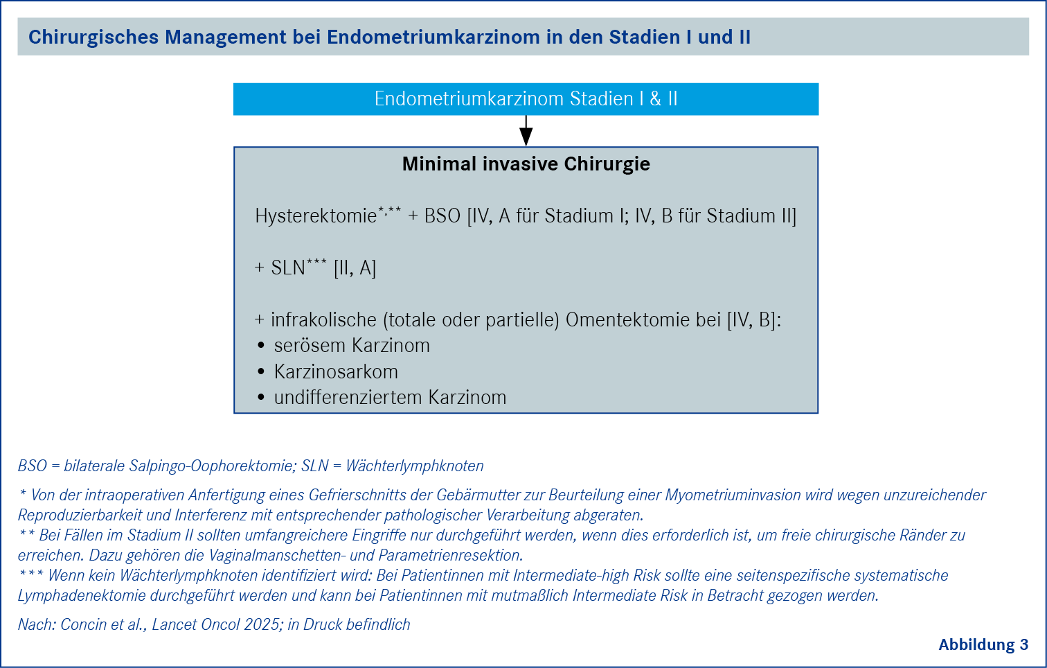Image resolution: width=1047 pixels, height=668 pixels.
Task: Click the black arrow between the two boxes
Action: [526, 130]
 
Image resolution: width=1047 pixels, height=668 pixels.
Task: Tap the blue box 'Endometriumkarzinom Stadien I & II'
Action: [526, 99]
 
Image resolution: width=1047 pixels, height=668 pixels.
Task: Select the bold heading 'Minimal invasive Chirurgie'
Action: [526, 164]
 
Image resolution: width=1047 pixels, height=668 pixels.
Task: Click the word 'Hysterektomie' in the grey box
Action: [316, 216]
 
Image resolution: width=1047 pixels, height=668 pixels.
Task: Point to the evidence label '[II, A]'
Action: [355, 268]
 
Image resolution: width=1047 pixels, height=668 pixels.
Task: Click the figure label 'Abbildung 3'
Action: [983, 644]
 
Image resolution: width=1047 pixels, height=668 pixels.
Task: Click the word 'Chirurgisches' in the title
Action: [93, 37]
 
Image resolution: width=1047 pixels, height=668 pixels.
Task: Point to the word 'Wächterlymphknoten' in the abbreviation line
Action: [415, 466]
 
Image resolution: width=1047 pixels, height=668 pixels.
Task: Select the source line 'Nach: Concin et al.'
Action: [82, 624]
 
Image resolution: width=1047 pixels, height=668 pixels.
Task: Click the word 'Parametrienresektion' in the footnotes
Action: [451, 555]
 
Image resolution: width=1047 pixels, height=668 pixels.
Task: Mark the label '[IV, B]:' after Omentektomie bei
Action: [754, 320]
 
